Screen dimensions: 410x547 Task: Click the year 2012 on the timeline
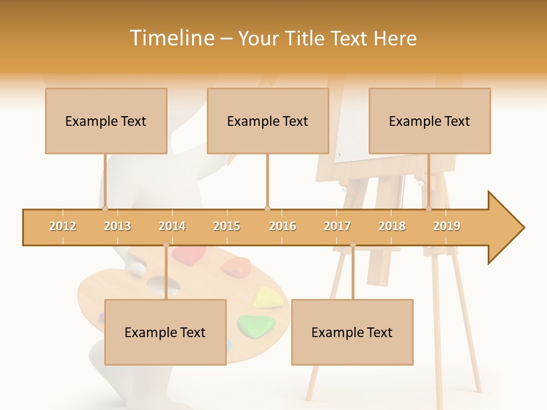tap(63, 226)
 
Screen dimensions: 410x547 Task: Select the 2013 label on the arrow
tap(117, 226)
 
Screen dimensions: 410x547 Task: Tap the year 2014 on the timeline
tap(172, 226)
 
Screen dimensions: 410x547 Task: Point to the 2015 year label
tap(227, 226)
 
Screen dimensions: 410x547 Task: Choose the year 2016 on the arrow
tap(283, 226)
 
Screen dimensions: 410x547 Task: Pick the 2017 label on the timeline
tap(337, 226)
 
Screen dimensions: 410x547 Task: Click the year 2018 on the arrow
tap(392, 226)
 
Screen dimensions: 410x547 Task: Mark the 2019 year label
tap(447, 226)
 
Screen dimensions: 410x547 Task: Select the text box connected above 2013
tap(106, 121)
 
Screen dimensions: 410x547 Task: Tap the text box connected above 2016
tap(268, 121)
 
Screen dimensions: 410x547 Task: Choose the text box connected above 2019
tap(430, 121)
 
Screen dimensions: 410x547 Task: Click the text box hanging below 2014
tap(165, 332)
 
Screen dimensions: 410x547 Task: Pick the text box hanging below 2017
tap(352, 332)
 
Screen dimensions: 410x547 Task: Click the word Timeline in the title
tap(171, 38)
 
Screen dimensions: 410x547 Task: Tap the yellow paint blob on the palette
tap(265, 297)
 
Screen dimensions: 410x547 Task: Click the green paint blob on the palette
tap(256, 324)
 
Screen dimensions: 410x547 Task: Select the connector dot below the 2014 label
tap(166, 245)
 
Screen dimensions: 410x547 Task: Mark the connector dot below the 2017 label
tap(353, 245)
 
